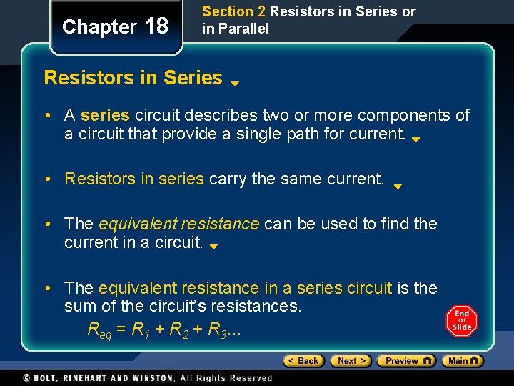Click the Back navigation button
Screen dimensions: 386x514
pos(303,361)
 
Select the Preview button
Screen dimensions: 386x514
pos(405,361)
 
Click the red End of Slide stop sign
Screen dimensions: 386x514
pos(461,320)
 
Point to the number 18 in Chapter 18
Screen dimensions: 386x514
pos(156,26)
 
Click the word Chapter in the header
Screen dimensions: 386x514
pos(99,27)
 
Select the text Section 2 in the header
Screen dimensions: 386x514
pos(228,11)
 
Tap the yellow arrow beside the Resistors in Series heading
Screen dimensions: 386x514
pos(234,83)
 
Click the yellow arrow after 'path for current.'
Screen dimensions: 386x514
pos(415,139)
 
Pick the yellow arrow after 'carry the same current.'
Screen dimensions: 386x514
pos(398,185)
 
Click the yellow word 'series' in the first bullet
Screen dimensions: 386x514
pos(105,115)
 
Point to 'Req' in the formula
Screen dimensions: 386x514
pos(101,330)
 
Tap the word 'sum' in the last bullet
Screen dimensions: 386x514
pos(79,307)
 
